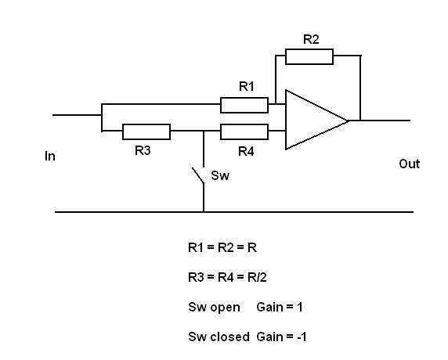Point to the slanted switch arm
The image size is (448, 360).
click(197, 175)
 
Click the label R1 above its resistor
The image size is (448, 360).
click(246, 86)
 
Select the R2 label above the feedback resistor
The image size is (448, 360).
click(311, 39)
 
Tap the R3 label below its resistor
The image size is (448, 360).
click(143, 150)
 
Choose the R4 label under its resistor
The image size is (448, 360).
click(246, 151)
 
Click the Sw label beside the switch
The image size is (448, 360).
click(220, 175)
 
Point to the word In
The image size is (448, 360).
click(50, 157)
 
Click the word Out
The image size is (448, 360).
click(409, 164)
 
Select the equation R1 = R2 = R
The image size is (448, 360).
click(222, 247)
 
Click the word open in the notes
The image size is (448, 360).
click(225, 308)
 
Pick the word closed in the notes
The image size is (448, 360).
click(229, 337)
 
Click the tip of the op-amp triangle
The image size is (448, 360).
click(349, 121)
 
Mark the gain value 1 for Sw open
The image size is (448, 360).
click(300, 308)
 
